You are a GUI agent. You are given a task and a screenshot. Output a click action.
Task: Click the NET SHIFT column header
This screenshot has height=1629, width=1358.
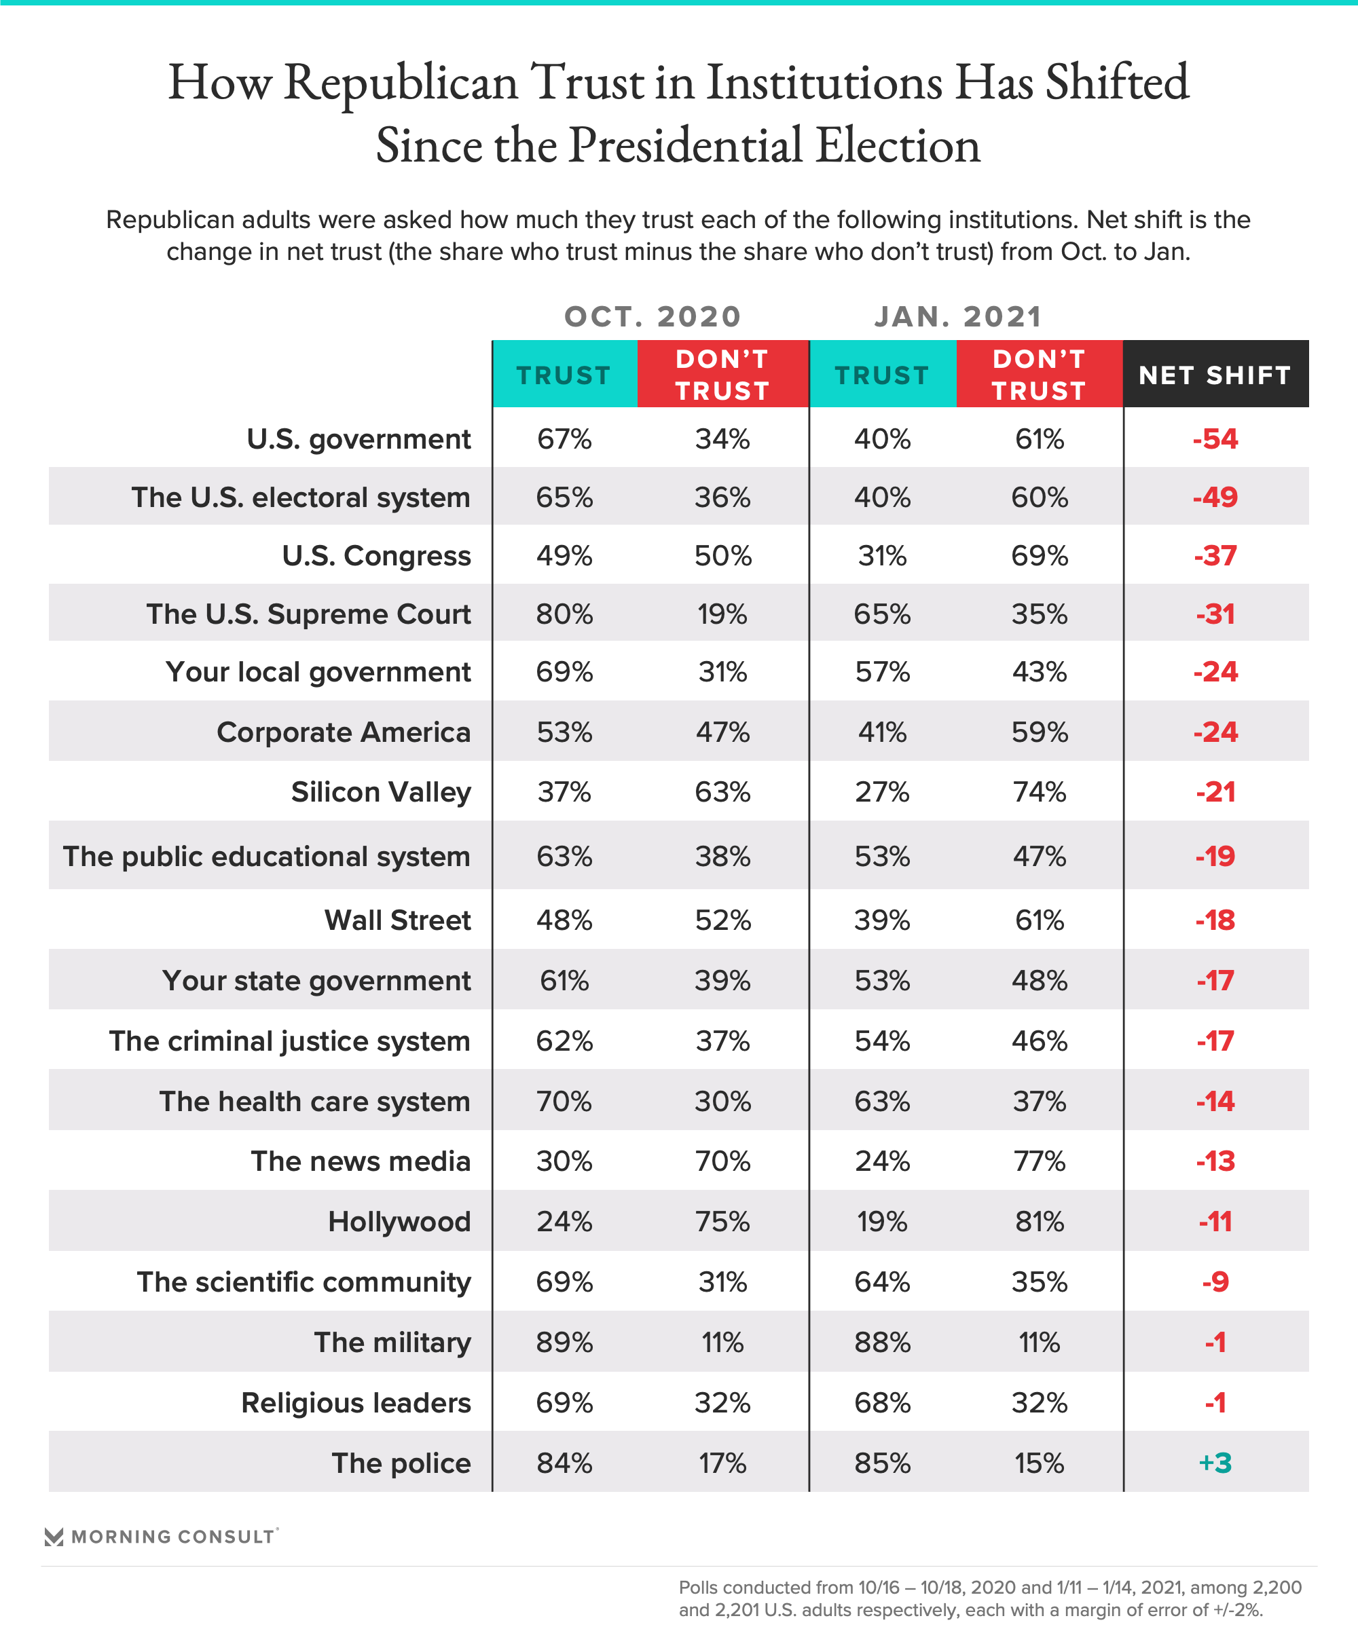pos(1215,375)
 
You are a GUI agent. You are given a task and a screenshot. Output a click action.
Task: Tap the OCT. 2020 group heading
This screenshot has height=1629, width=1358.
pos(653,316)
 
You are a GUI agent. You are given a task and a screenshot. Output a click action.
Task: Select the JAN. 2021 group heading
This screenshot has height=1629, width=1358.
pos(957,316)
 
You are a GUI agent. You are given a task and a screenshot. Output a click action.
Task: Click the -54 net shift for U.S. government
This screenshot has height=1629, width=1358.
pos(1215,439)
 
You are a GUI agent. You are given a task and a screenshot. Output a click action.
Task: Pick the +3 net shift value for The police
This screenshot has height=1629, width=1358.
pos(1215,1463)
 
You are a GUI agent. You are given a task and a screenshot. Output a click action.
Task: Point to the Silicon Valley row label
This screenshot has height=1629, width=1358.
pos(381,792)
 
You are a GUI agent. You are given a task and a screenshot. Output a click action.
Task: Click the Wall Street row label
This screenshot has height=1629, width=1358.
pos(398,920)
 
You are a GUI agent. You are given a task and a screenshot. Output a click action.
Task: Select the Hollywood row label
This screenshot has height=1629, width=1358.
pos(400,1222)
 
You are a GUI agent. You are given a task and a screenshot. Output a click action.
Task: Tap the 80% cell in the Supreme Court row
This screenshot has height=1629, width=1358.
pos(564,614)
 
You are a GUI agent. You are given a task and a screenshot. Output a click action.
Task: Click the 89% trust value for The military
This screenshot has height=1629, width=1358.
pos(564,1343)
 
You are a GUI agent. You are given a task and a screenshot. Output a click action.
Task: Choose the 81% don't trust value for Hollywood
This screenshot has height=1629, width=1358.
pos(1040,1222)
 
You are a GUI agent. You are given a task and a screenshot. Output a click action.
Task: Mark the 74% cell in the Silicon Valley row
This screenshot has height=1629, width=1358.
pos(1040,792)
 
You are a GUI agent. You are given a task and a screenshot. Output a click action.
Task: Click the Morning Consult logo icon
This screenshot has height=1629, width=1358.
pos(54,1537)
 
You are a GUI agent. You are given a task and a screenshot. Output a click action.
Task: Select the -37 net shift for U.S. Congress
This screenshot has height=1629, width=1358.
pos(1215,556)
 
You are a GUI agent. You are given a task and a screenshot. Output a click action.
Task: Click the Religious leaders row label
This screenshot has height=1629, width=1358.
pos(356,1403)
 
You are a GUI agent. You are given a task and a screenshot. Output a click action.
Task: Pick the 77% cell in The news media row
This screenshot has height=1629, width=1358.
pos(1040,1161)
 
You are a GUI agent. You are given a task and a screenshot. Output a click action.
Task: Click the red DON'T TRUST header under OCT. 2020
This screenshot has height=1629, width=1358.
pos(722,375)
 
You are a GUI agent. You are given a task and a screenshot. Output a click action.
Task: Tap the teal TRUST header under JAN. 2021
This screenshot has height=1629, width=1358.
pos(882,375)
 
